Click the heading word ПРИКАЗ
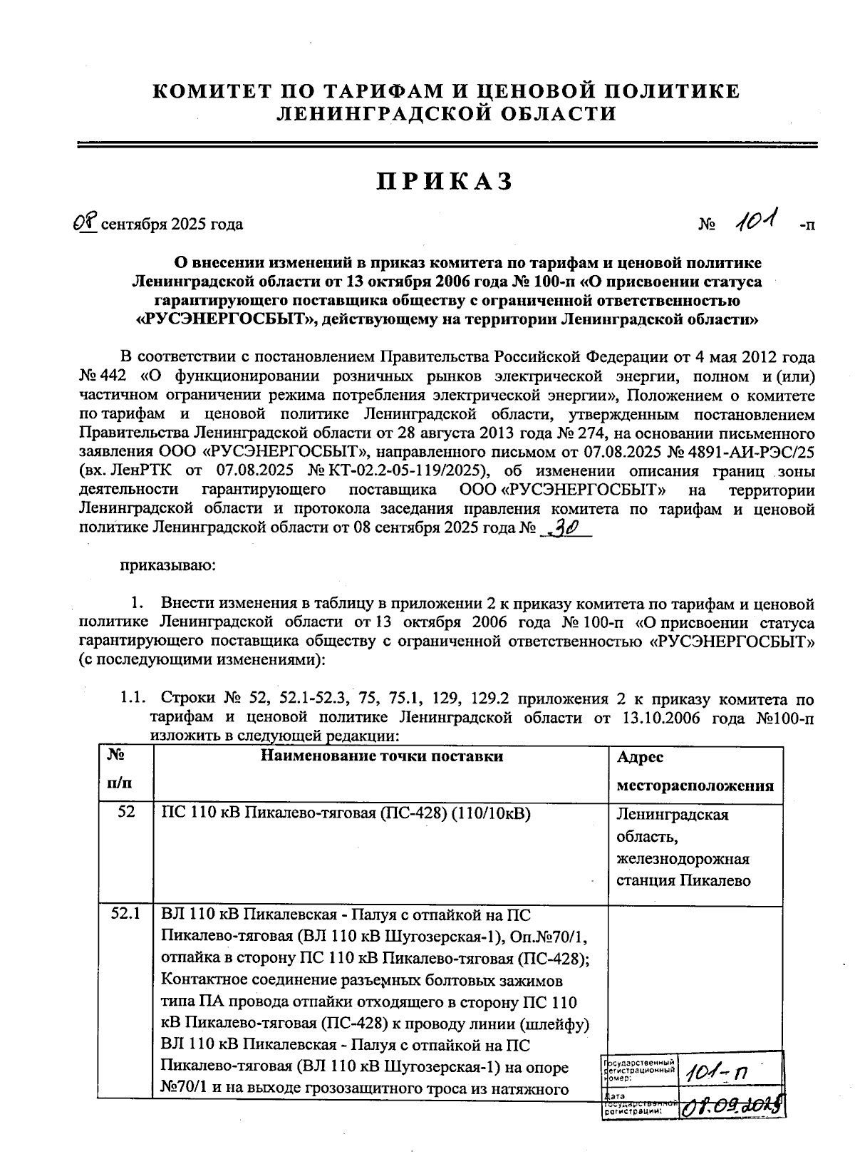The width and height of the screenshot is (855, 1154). pyautogui.click(x=445, y=182)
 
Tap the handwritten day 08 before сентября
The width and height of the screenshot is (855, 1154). pyautogui.click(x=85, y=223)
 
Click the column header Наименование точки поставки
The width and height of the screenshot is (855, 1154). pyautogui.click(x=382, y=756)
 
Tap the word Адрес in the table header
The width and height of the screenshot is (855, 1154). pyautogui.click(x=639, y=758)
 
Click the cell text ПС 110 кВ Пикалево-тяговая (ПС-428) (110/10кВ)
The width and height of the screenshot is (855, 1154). pyautogui.click(x=346, y=813)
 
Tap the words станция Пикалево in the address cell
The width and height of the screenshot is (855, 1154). pyautogui.click(x=683, y=880)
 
